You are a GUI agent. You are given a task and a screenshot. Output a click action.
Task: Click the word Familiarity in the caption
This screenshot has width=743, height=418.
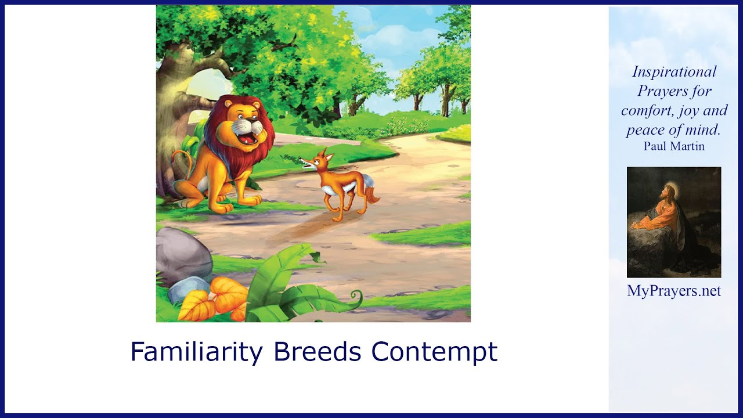pos(196,352)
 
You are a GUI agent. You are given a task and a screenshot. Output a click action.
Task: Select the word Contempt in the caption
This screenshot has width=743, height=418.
pos(434,352)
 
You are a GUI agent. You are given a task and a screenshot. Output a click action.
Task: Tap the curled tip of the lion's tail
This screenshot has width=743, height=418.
pos(176,155)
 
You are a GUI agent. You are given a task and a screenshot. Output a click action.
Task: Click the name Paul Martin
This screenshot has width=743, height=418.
pos(674,146)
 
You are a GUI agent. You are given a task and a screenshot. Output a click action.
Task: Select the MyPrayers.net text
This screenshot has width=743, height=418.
pos(674,291)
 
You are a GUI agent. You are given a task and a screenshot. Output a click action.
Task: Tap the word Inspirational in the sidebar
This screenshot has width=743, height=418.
pos(674,71)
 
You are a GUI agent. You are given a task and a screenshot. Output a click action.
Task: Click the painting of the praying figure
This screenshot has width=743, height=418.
pos(674,222)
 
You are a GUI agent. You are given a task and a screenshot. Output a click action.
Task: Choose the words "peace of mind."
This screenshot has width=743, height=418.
pos(674,129)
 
